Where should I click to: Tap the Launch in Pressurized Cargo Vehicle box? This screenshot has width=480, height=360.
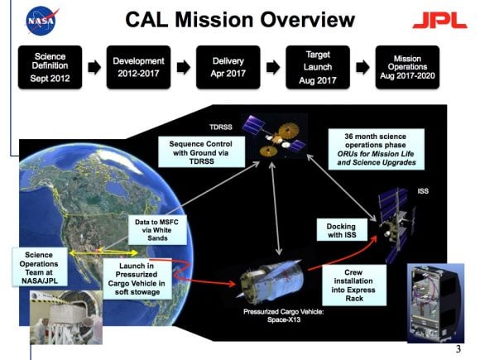coord(137,277)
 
